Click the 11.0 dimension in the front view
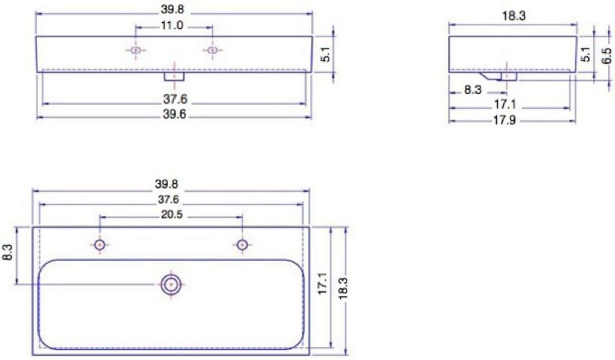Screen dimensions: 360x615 pos(172,26)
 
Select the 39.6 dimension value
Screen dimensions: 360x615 pos(175,116)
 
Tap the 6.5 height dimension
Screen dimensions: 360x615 pos(607,56)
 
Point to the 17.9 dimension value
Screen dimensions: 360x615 pos(505,120)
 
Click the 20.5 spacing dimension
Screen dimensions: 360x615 pos(172,215)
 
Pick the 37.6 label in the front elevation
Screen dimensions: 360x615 pos(175,100)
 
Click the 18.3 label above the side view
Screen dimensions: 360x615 pos(514,16)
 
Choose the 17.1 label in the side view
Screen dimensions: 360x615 pos(505,105)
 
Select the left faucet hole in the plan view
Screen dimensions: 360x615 pos(100,245)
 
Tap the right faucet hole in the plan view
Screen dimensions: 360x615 pos(242,245)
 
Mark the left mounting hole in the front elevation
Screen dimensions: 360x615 pos(136,50)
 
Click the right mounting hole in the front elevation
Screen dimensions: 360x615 pos(211,50)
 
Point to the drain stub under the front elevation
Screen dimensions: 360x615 pos(174,76)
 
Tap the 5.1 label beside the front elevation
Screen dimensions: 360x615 pos(325,56)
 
